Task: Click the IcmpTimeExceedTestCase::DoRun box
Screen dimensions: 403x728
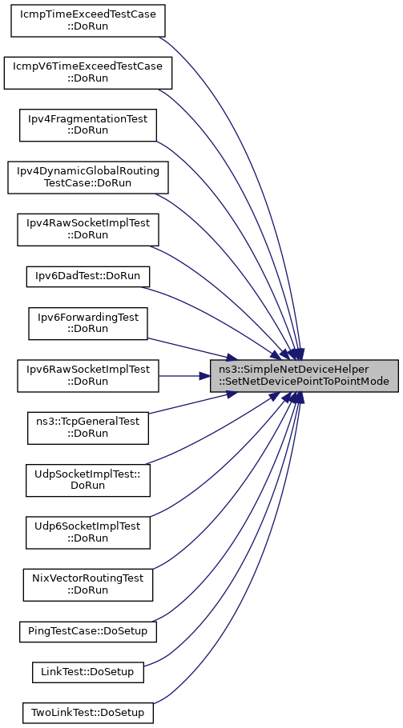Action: click(x=88, y=21)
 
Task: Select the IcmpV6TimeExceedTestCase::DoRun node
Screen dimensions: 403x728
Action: click(x=88, y=73)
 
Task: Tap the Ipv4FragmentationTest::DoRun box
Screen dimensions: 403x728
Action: click(x=88, y=126)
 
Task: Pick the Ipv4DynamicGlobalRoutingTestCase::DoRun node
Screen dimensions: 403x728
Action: click(x=88, y=178)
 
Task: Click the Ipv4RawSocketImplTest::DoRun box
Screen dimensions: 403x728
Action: click(x=88, y=230)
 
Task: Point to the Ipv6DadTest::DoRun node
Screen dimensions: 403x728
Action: click(x=88, y=277)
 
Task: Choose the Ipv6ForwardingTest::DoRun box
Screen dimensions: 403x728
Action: click(x=88, y=324)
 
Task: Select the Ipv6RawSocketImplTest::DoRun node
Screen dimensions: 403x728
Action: click(x=88, y=376)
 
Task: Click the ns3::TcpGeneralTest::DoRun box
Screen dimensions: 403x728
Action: click(x=88, y=428)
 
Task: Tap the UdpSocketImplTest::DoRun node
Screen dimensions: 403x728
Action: click(x=88, y=480)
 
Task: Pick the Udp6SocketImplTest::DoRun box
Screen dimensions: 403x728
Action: click(x=88, y=533)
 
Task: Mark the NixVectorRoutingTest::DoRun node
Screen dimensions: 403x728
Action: click(x=88, y=585)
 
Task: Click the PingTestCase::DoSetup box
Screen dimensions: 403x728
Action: click(x=88, y=632)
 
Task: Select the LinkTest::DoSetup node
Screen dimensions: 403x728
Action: click(x=88, y=672)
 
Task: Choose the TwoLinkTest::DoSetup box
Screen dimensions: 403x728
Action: click(x=88, y=713)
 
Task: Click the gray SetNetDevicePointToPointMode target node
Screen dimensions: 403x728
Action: click(x=304, y=376)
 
